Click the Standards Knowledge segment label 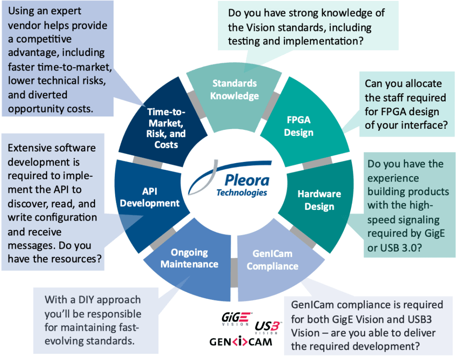[x=234, y=90]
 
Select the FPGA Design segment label [x=299, y=126]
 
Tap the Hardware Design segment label [x=319, y=200]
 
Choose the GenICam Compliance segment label [x=272, y=260]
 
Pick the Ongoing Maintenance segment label [x=189, y=258]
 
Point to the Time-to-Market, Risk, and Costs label [x=166, y=128]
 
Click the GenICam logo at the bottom [x=240, y=342]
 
